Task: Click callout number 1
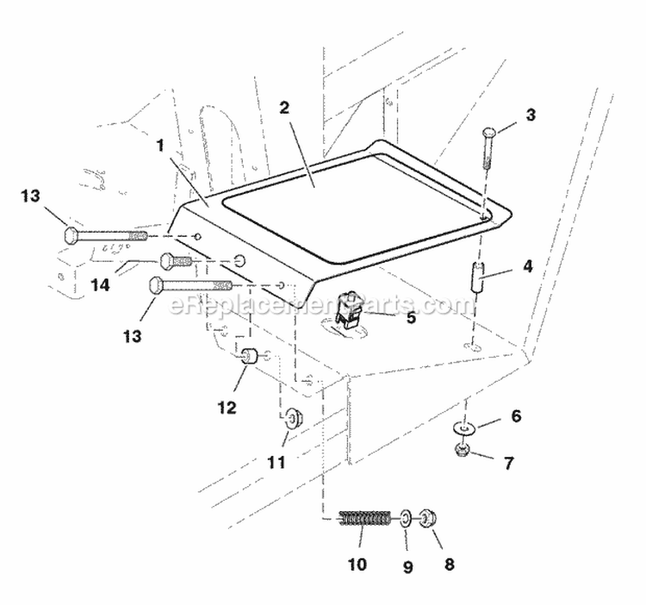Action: tap(159, 147)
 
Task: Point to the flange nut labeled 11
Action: tap(293, 419)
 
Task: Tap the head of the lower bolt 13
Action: tap(157, 284)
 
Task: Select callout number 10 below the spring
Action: tap(357, 564)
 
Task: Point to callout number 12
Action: tap(227, 409)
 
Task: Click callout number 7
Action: tap(508, 464)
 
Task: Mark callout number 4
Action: tap(527, 266)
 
